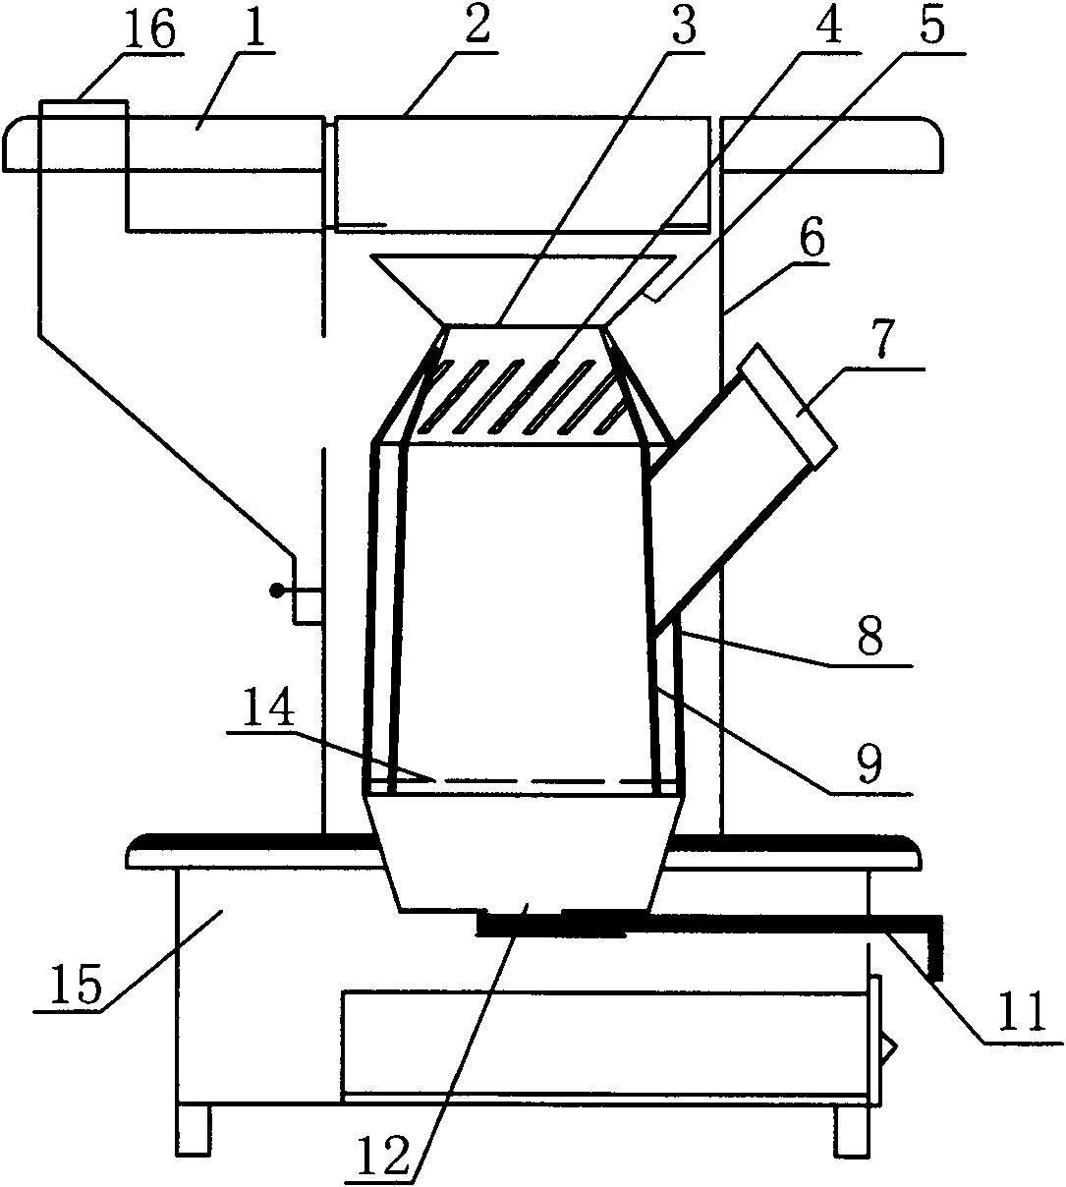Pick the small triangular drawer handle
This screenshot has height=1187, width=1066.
pyautogui.click(x=887, y=1050)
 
